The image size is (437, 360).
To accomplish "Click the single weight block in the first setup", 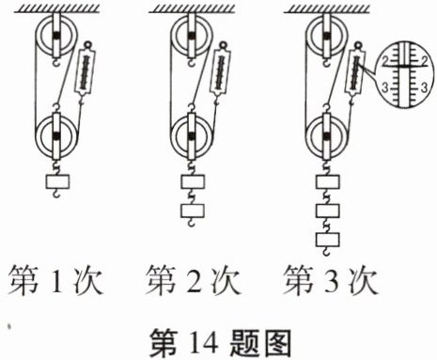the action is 57,182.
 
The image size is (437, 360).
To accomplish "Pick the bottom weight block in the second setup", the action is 193,211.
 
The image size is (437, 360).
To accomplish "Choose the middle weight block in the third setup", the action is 328,211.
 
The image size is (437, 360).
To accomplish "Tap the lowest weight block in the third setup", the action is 328,240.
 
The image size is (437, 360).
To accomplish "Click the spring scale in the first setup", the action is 85,70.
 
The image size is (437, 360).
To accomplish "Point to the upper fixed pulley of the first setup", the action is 56,36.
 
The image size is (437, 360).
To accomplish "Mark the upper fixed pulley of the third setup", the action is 326,36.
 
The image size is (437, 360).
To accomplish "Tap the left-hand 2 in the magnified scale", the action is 385,61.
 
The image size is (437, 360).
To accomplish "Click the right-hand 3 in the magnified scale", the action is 424,87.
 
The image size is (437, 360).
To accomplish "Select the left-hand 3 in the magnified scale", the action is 385,87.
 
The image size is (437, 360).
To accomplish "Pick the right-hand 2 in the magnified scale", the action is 425,61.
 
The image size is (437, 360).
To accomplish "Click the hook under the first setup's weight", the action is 56,194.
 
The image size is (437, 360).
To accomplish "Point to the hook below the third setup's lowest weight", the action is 326,251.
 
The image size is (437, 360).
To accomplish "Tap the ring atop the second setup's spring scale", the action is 223,45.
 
